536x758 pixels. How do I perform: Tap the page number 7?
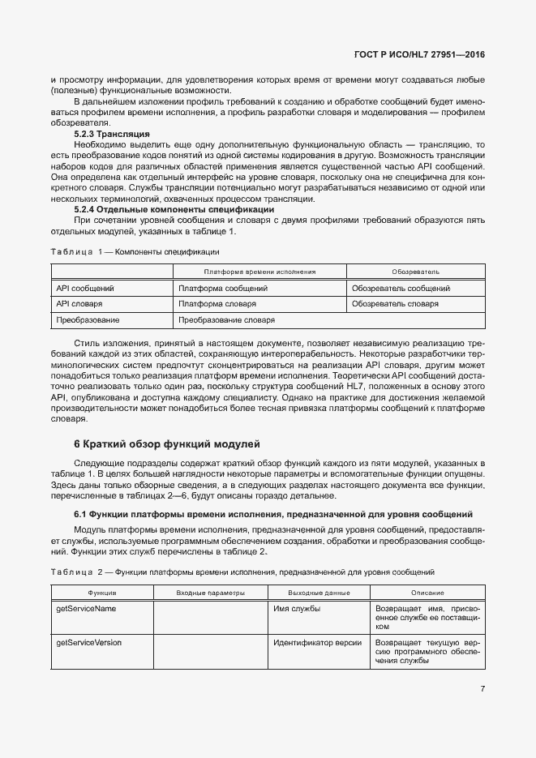[482, 689]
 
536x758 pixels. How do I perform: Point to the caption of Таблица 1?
[130, 251]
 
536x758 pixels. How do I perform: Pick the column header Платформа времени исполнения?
[259, 272]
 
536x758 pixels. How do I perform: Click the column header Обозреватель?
[416, 272]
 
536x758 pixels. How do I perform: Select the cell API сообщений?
[85, 288]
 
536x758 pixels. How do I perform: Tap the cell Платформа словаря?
[217, 304]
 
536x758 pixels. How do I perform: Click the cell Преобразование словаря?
[226, 320]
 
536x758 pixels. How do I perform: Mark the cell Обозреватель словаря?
[395, 304]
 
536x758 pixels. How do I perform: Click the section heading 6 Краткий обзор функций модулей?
[167, 443]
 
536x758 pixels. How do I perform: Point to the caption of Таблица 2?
[242, 572]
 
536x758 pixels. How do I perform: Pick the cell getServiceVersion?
[88, 642]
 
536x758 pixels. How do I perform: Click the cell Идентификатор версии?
[317, 642]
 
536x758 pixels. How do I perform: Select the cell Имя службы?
[296, 609]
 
